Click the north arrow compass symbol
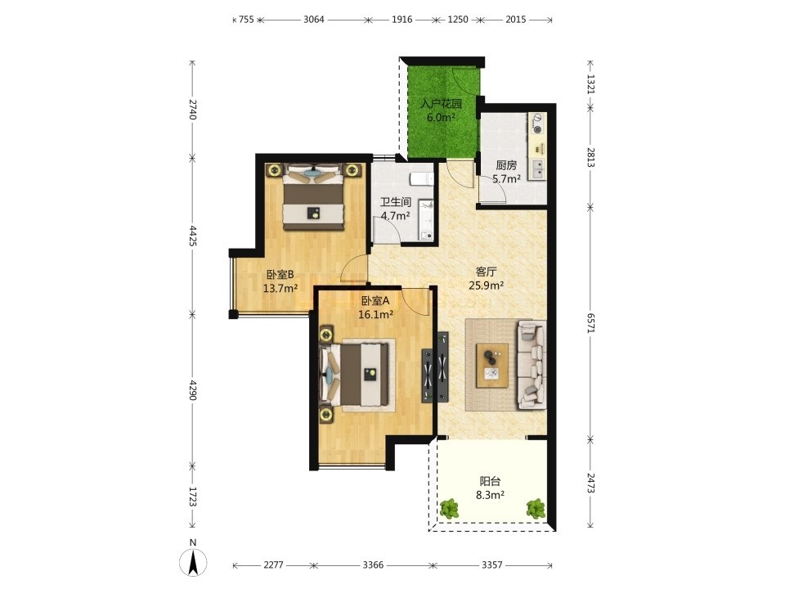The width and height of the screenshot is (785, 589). click(193, 562)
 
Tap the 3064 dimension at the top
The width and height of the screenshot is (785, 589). click(314, 20)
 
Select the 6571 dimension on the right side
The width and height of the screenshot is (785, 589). click(590, 323)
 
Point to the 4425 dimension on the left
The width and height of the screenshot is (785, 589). click(193, 236)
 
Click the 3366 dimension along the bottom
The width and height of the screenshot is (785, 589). click(373, 565)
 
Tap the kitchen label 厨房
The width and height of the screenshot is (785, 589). click(506, 164)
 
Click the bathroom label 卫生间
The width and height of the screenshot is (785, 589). click(396, 202)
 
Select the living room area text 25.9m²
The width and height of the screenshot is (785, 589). click(486, 286)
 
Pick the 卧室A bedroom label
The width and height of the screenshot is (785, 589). click(375, 301)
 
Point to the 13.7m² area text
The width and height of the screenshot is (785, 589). click(280, 288)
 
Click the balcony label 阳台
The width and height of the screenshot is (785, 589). click(490, 482)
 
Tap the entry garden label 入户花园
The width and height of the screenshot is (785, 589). click(441, 104)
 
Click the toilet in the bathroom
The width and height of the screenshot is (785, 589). click(421, 178)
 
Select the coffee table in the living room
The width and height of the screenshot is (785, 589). click(492, 365)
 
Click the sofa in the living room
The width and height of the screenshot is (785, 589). click(532, 365)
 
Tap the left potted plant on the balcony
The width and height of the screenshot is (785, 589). click(449, 508)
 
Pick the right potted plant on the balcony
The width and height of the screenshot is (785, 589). click(536, 508)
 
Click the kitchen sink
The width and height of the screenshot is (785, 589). click(538, 169)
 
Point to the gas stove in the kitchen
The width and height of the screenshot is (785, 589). click(537, 124)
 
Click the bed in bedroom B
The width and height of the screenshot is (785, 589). click(313, 197)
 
